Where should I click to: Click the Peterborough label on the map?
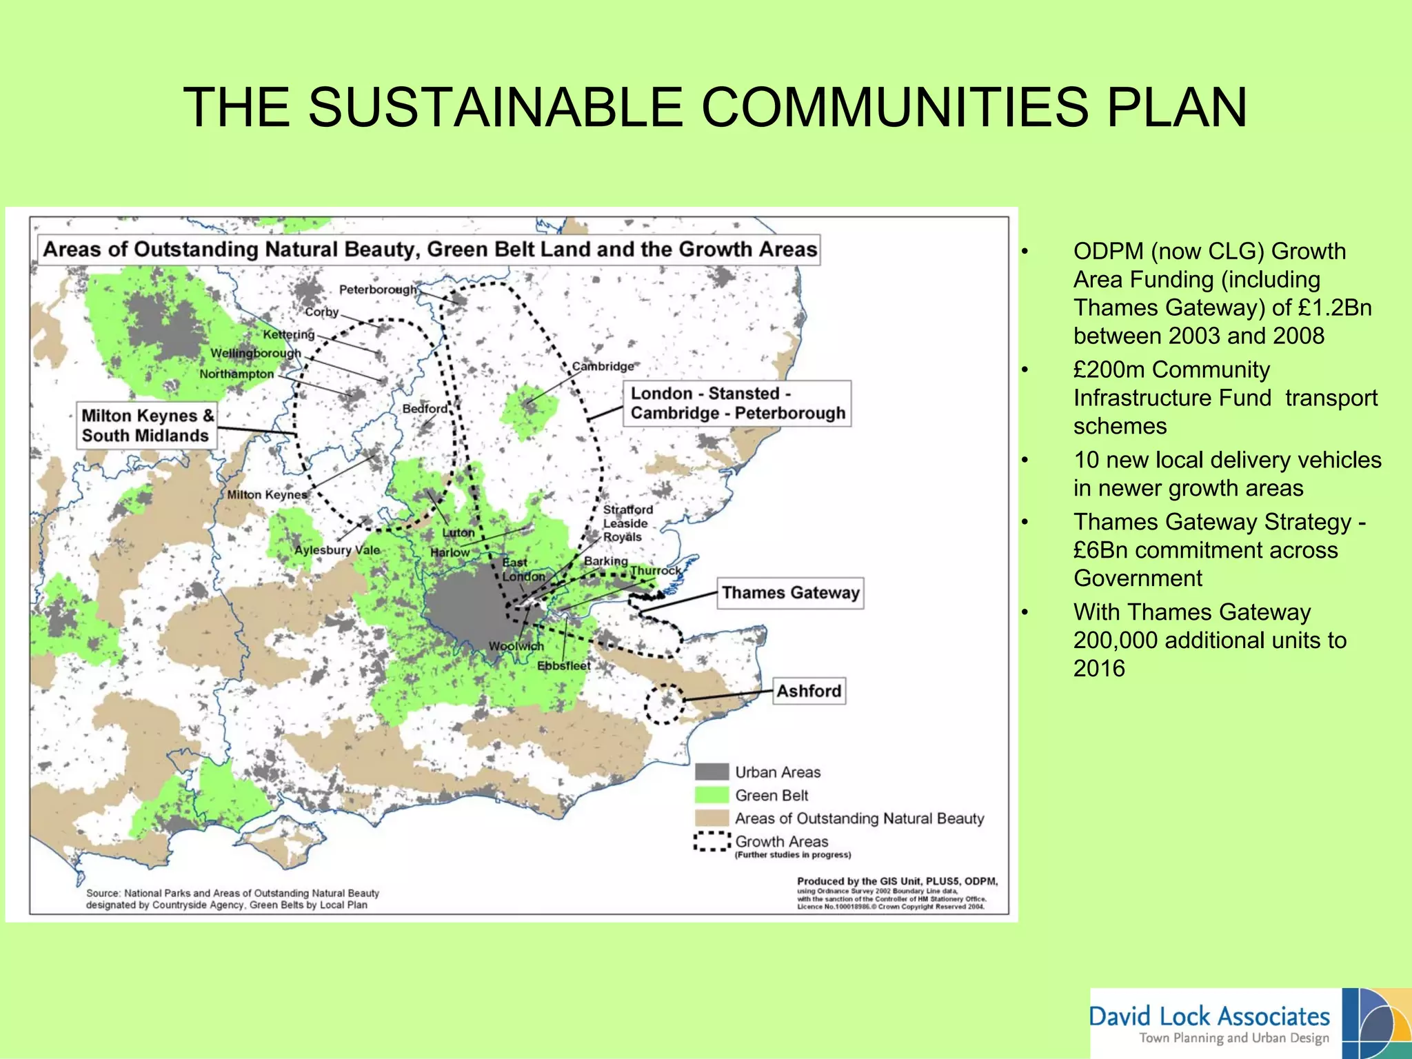(378, 290)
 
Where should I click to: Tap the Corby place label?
(322, 312)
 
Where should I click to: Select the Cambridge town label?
(603, 366)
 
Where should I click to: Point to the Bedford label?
(425, 409)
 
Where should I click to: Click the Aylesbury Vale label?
(337, 549)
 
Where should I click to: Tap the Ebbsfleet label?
(563, 665)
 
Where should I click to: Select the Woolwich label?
(516, 646)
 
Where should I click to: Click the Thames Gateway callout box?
(790, 593)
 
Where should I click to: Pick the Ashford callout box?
(809, 691)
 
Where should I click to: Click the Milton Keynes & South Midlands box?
(145, 425)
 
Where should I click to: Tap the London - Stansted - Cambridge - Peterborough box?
(737, 403)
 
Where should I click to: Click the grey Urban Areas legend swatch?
(712, 772)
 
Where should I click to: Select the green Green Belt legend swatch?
(712, 795)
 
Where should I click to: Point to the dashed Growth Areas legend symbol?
(712, 841)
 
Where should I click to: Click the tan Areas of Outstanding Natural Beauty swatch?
(712, 818)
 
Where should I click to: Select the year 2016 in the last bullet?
(1099, 668)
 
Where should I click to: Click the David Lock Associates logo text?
(1209, 1016)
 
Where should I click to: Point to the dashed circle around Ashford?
(664, 704)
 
